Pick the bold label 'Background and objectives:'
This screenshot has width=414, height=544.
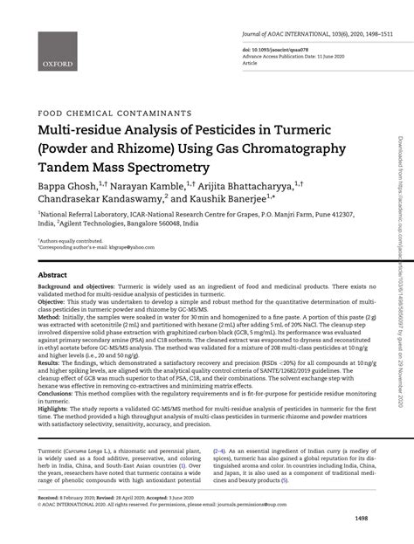[72, 287]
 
